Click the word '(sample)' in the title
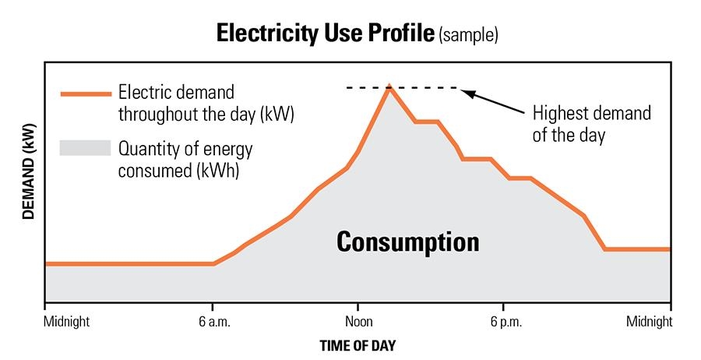pyautogui.click(x=469, y=35)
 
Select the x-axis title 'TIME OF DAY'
pyautogui.click(x=358, y=344)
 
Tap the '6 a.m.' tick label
pyautogui.click(x=213, y=320)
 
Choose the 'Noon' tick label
pyautogui.click(x=358, y=320)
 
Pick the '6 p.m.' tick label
pyautogui.click(x=503, y=320)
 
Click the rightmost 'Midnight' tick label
pyautogui.click(x=650, y=320)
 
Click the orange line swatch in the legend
pyautogui.click(x=84, y=94)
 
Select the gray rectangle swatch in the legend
pyautogui.click(x=84, y=148)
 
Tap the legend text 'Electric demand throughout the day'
pyautogui.click(x=206, y=104)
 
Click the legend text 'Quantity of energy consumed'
pyautogui.click(x=185, y=159)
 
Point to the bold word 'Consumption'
pyautogui.click(x=407, y=242)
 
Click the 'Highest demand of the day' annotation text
pyautogui.click(x=591, y=123)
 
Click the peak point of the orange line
pyautogui.click(x=389, y=86)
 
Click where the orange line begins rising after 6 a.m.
pyautogui.click(x=214, y=263)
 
